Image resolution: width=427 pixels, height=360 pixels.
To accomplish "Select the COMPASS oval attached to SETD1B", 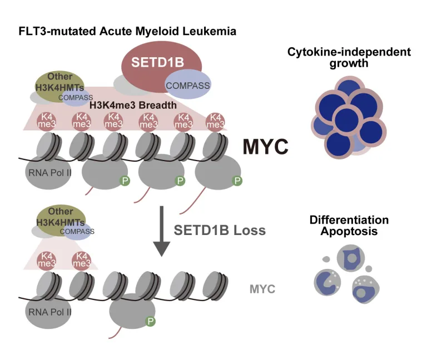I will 187,85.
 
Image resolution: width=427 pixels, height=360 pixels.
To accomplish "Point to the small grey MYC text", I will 262,289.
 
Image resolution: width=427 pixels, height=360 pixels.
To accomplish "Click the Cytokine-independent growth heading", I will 349,57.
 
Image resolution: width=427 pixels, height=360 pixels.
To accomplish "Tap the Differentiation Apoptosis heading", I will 349,225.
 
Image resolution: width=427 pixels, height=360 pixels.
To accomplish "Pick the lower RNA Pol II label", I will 48,313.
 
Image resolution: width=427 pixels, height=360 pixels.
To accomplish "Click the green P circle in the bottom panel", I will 150,321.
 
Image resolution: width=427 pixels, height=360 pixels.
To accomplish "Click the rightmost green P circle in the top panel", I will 237,181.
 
